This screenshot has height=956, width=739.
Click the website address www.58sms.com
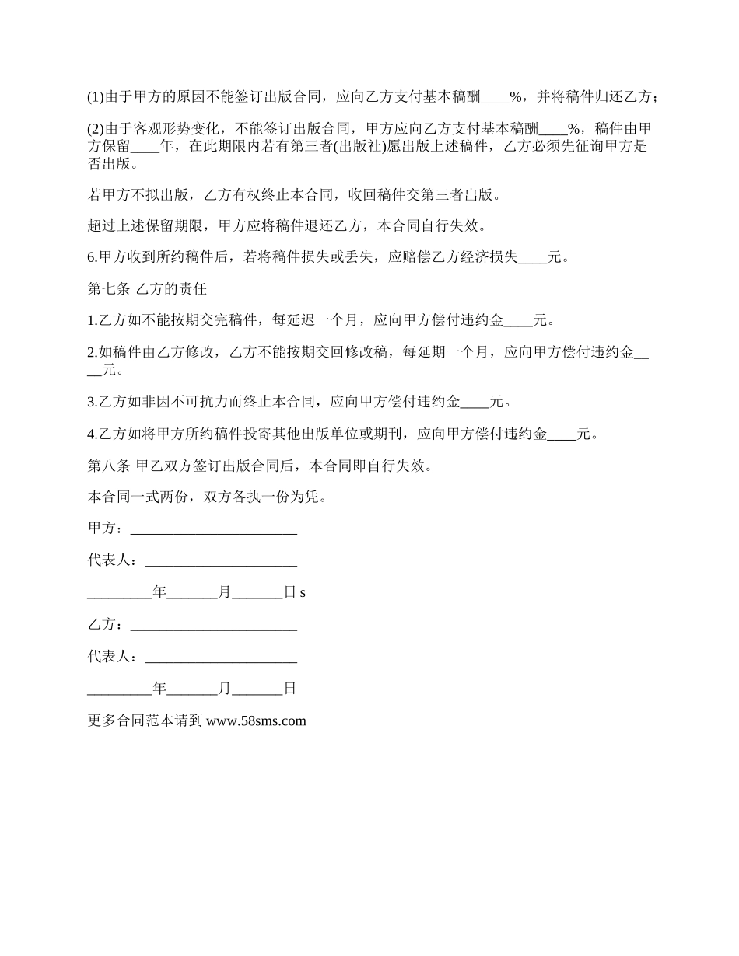click(x=256, y=720)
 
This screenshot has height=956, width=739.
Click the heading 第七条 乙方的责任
click(x=147, y=288)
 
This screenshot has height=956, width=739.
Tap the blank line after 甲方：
click(x=214, y=529)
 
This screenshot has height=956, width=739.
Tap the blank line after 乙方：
click(x=214, y=625)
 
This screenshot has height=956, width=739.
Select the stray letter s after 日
click(x=303, y=593)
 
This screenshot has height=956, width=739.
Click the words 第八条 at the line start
click(x=109, y=466)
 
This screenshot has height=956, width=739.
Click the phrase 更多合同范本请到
click(x=145, y=720)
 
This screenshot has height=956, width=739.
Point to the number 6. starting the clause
click(x=92, y=257)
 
